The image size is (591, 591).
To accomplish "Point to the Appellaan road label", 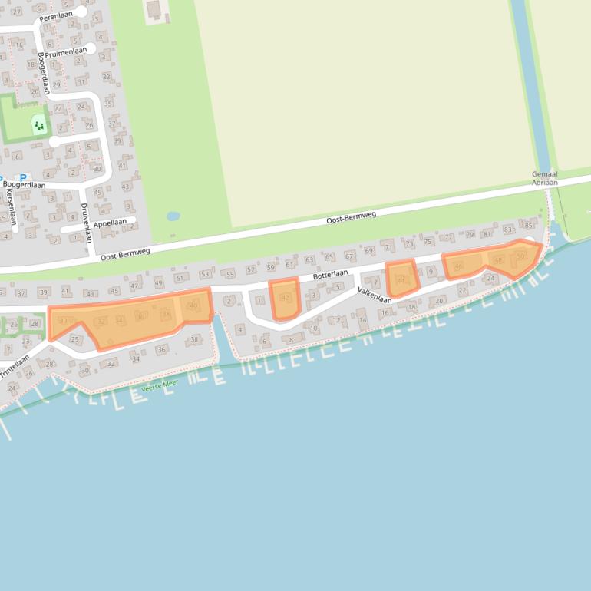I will click(110, 222).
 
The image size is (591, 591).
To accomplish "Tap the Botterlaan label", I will click(330, 274).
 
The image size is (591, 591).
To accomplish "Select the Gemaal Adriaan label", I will click(544, 179).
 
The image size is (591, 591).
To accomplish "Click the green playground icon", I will click(38, 124).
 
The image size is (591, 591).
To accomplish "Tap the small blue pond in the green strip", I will click(173, 216).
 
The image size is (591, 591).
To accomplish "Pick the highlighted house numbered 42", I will click(286, 298).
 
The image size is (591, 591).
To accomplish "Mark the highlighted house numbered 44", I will click(401, 280).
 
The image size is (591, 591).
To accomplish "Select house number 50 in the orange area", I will click(521, 256).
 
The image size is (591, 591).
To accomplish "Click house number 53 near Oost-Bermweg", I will click(204, 274).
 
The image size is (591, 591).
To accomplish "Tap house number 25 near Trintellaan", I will click(74, 338).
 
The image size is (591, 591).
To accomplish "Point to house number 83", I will click(507, 229).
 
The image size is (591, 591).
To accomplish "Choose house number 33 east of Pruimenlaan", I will click(107, 76).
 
